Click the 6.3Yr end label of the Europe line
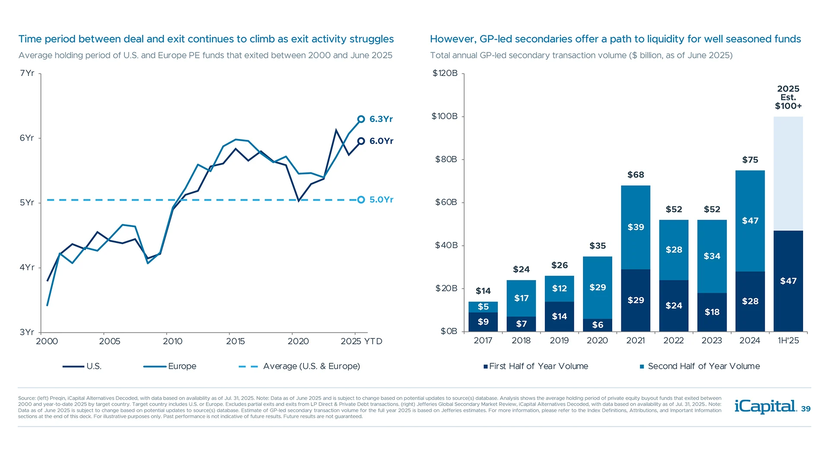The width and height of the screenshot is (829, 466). click(x=381, y=119)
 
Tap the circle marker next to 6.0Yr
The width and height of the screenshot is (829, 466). click(x=361, y=141)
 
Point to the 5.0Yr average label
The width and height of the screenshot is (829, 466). click(x=381, y=200)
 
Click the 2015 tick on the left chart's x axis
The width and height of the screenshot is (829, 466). click(x=235, y=341)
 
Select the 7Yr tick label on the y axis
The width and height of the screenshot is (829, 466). click(x=27, y=73)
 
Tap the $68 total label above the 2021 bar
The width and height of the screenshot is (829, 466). click(x=636, y=175)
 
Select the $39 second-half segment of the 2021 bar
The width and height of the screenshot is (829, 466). click(x=636, y=227)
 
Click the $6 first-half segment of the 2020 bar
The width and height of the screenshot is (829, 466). click(x=598, y=325)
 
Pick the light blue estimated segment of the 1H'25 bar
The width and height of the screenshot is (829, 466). click(x=788, y=173)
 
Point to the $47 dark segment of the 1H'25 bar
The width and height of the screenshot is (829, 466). click(x=788, y=281)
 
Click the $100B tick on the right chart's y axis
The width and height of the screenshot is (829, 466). click(x=445, y=116)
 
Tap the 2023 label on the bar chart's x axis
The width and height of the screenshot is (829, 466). click(x=712, y=340)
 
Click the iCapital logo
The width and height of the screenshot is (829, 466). click(x=765, y=406)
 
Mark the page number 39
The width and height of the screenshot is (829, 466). click(x=806, y=409)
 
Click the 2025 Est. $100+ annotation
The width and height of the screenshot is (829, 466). click(x=788, y=98)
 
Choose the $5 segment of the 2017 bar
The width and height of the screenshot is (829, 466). click(x=483, y=307)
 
